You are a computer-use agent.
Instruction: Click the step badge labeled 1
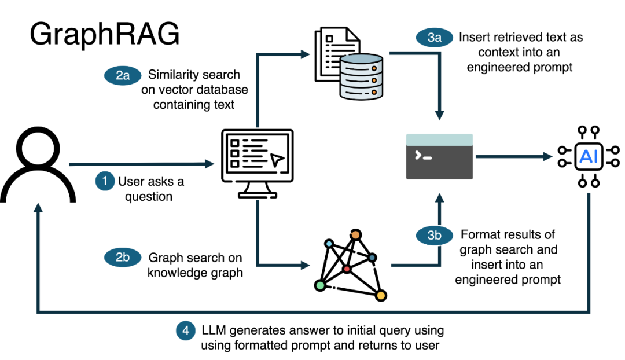105,182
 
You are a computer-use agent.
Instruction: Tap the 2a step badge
123,75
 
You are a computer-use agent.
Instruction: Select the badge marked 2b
123,258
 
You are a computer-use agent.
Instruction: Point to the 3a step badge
435,38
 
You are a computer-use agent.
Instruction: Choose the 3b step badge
435,236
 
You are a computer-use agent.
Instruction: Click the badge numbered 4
186,331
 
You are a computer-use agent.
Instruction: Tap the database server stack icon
362,76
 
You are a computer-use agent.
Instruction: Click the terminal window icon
440,157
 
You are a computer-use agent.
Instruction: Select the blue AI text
589,157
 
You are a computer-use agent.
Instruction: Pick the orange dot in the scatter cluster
355,234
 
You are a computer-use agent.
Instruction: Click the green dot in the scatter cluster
320,285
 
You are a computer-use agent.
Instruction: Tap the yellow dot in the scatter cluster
381,296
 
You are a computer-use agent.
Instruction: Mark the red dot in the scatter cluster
347,269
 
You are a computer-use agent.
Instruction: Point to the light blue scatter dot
329,244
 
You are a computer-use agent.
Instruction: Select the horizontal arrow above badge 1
141,164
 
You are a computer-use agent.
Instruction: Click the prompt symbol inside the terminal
424,156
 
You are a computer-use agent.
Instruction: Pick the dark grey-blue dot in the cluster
372,258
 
